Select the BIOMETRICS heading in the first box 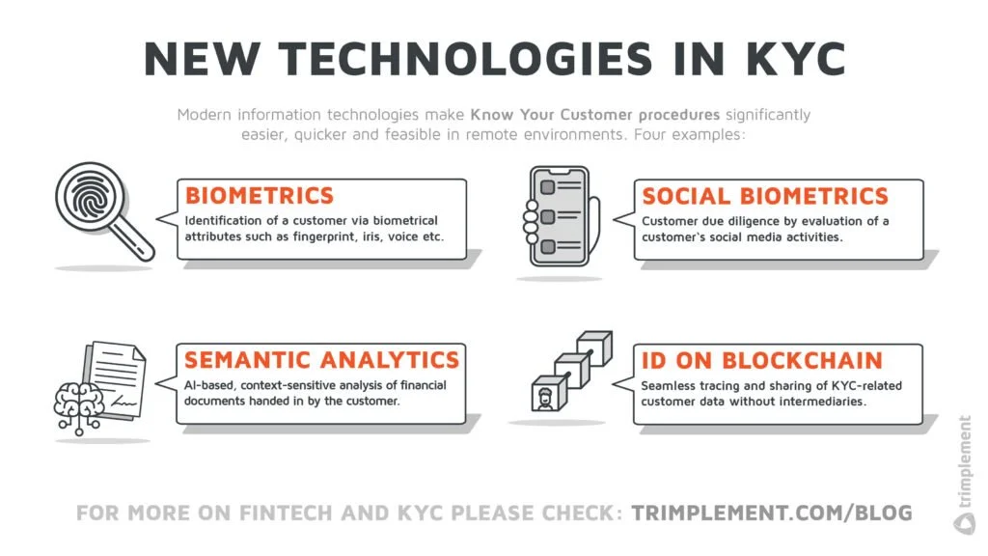tap(260, 196)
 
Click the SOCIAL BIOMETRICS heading tap(765, 196)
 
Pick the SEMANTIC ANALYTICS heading tap(321, 360)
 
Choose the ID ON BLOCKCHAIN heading tap(761, 361)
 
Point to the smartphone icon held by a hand tap(558, 216)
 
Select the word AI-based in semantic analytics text tap(209, 385)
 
